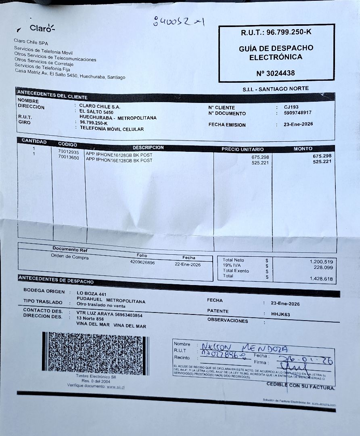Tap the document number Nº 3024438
275,73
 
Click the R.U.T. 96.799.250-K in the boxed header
276,32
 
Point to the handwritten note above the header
178,21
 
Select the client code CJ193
291,107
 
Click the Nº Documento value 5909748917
297,113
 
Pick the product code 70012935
69,152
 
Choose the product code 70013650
69,157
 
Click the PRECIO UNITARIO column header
242,149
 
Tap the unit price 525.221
260,163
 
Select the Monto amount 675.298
322,156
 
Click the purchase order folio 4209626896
142,263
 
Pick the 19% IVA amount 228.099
323,267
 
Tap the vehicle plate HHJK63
281,314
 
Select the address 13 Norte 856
90,319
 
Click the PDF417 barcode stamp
96,353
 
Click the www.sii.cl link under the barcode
115,387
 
